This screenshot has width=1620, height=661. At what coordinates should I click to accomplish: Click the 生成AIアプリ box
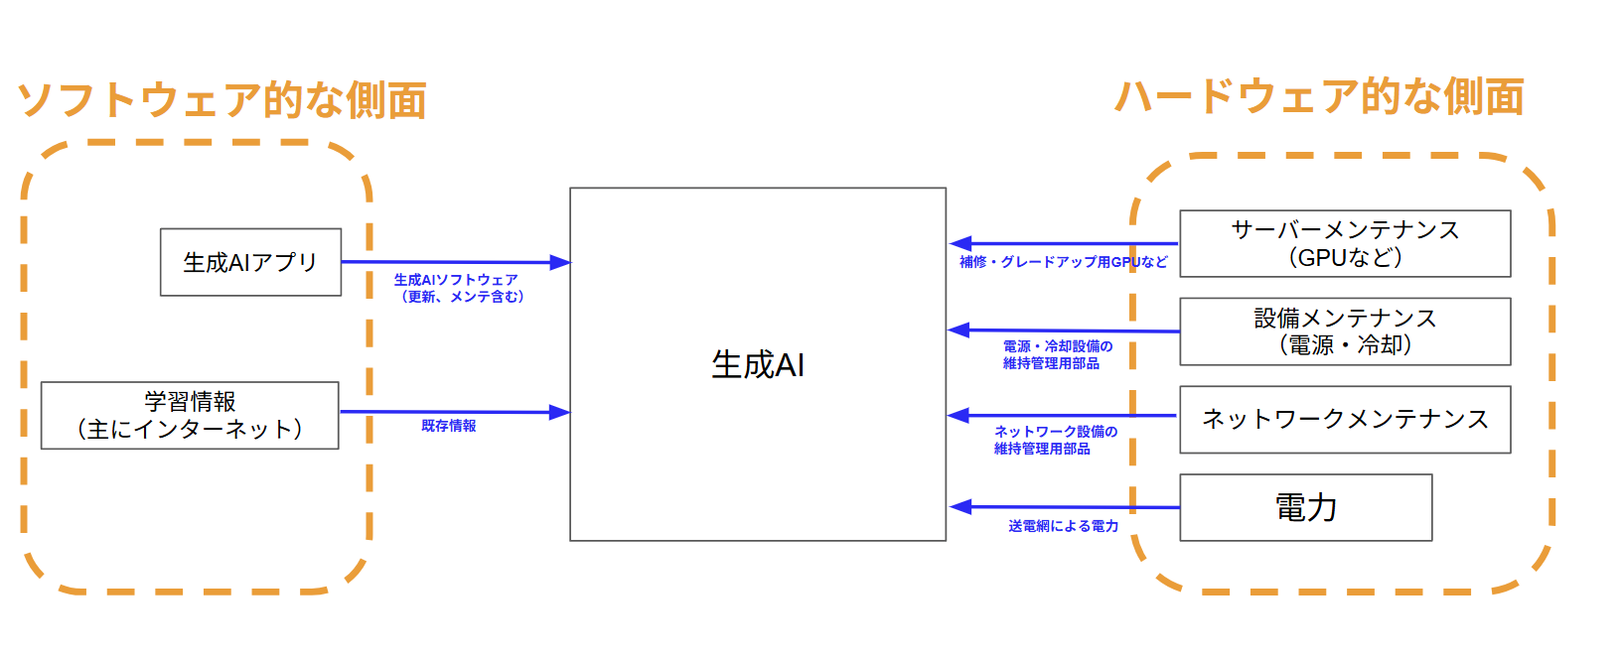click(250, 262)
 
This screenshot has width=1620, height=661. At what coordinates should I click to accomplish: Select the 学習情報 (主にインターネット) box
click(190, 415)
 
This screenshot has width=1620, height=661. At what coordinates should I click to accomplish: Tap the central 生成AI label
click(758, 364)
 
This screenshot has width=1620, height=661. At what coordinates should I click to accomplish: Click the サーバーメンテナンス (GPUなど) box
click(1345, 243)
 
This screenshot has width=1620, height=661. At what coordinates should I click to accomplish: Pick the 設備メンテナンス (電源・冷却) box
click(1345, 331)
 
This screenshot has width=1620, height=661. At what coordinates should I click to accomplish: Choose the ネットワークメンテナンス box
click(1345, 419)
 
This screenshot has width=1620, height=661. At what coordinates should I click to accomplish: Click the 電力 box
click(1305, 507)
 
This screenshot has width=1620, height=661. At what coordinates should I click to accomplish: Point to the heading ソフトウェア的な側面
click(222, 100)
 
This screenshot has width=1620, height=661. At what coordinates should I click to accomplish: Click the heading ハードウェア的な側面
click(1319, 97)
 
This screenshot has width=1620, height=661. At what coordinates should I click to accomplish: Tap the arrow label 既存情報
click(449, 426)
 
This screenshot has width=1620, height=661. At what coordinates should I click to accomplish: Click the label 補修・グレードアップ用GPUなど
click(1063, 262)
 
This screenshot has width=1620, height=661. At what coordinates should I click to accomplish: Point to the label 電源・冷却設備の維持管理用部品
click(1057, 354)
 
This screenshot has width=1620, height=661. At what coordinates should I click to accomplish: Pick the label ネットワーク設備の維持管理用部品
click(1055, 440)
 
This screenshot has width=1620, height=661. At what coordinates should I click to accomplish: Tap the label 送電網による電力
click(1063, 526)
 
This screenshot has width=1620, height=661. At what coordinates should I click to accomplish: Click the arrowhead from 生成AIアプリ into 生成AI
click(560, 263)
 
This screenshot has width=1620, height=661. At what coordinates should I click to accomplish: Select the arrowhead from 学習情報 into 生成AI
click(560, 412)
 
